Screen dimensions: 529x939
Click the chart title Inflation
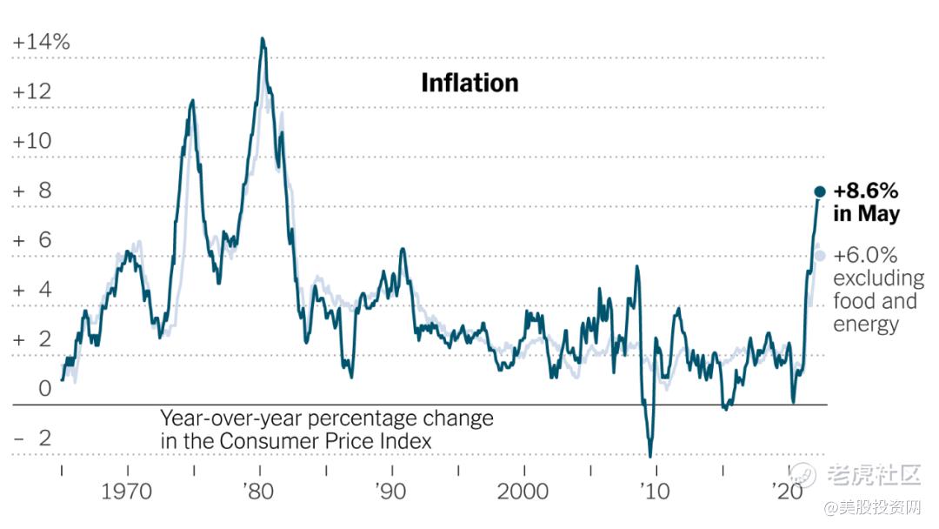[x=469, y=83]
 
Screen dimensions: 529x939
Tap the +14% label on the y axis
[x=41, y=42]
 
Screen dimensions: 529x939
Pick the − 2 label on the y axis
[x=33, y=438]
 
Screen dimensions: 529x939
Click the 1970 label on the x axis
[x=127, y=492]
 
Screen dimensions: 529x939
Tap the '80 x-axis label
[x=258, y=492]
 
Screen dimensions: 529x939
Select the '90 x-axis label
[x=391, y=492]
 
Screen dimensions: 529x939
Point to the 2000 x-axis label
[x=523, y=492]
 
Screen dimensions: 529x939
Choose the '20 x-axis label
[x=788, y=492]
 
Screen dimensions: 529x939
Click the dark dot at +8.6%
[x=819, y=191]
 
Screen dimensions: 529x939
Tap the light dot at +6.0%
[x=819, y=256]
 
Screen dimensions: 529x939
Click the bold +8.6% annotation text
[x=865, y=191]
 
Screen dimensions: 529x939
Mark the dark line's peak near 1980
[x=263, y=39]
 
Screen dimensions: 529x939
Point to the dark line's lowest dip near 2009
[x=650, y=455]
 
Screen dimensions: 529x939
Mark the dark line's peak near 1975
[x=192, y=101]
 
